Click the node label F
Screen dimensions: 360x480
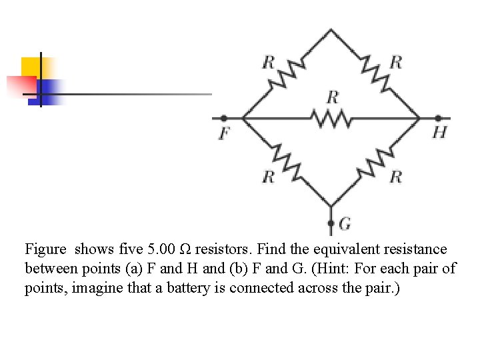tap(224, 133)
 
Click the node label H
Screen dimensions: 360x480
tap(439, 132)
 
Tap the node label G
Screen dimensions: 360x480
tap(345, 223)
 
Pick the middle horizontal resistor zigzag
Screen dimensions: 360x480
tap(331, 119)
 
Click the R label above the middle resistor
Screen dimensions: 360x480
tap(333, 97)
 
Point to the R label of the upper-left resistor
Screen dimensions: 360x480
tap(268, 62)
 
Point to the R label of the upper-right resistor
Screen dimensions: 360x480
tap(396, 62)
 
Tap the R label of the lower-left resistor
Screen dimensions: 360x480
tap(268, 177)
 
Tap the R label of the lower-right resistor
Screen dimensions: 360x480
tap(396, 177)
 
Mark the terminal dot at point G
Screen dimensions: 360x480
tap(331, 223)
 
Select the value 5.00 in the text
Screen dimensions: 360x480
tap(161, 249)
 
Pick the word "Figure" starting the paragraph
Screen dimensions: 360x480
tap(46, 249)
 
